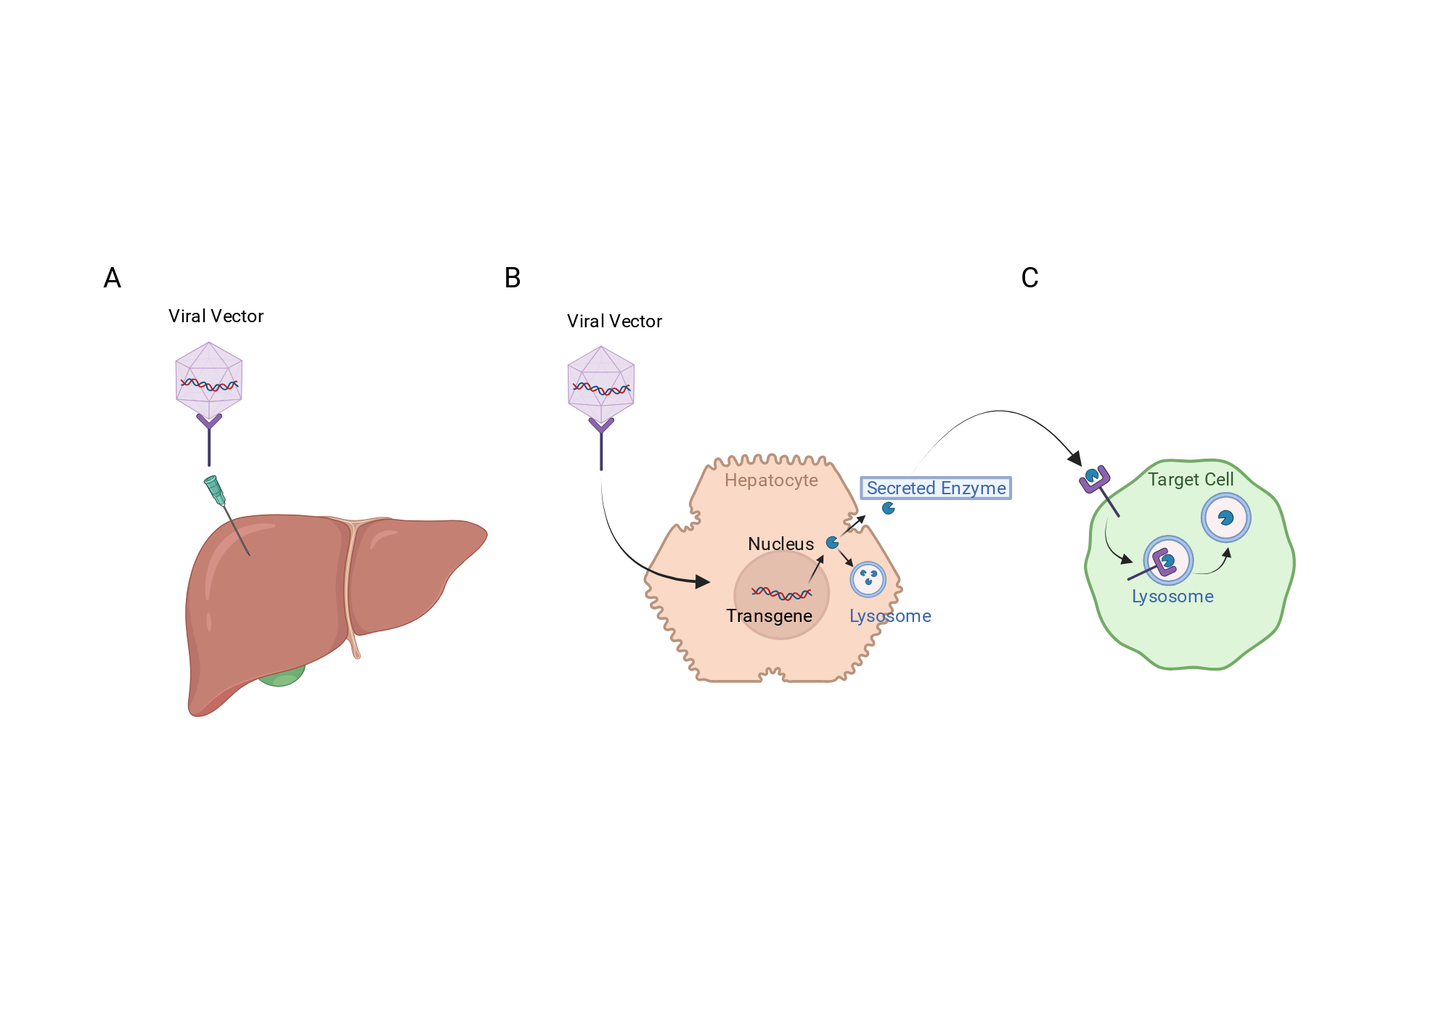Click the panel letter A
(112, 278)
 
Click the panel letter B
(513, 278)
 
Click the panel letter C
(1029, 278)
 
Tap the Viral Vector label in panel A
(216, 316)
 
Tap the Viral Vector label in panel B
(614, 321)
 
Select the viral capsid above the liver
(209, 381)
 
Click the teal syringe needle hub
(215, 490)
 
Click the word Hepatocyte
(771, 480)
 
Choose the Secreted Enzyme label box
(936, 488)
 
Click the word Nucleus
(780, 544)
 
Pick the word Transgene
(769, 616)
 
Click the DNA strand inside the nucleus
(781, 594)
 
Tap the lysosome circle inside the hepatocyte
(868, 579)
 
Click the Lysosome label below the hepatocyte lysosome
(890, 616)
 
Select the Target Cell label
(1191, 480)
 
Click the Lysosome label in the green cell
(1172, 597)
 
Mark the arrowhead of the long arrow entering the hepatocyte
(702, 581)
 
